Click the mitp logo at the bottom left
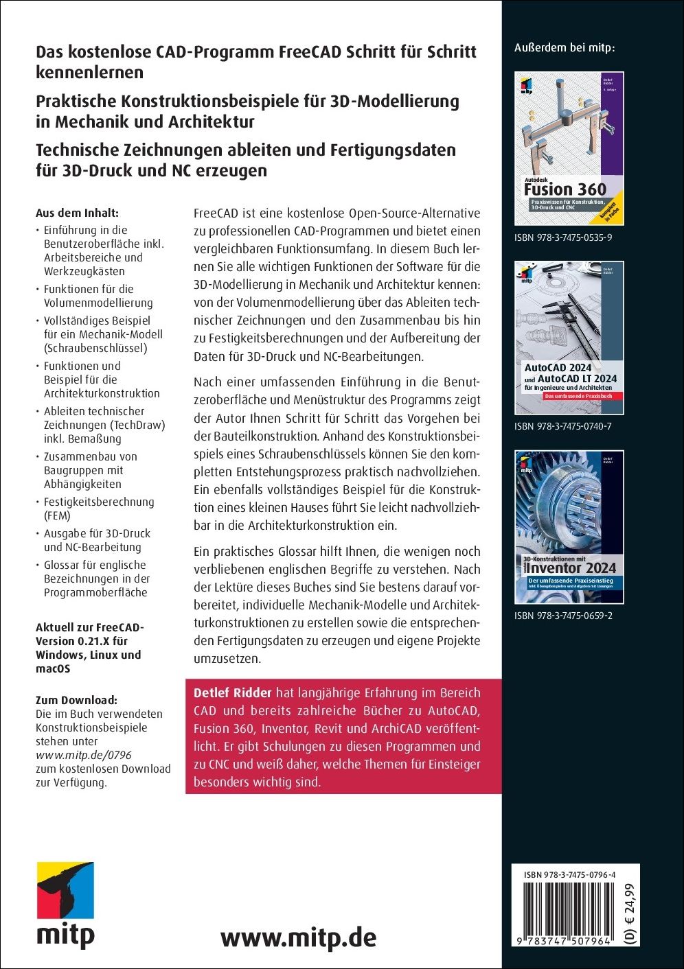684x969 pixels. click(65, 904)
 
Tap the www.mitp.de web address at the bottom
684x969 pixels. click(298, 937)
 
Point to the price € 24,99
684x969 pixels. click(630, 909)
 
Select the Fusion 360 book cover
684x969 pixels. click(569, 148)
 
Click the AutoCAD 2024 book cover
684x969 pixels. click(569, 338)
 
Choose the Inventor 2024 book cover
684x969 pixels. click(569, 527)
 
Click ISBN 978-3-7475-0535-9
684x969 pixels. click(563, 237)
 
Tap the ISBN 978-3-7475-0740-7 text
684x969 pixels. click(563, 426)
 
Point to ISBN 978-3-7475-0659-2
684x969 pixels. click(563, 616)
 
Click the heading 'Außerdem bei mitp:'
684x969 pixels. click(565, 48)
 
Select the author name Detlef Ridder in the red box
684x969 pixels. click(233, 693)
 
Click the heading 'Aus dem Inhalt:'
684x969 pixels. click(77, 213)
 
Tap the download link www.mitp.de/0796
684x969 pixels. click(83, 755)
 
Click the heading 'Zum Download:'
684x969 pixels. click(76, 700)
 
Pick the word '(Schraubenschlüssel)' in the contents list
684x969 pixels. click(95, 348)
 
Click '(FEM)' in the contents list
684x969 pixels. click(57, 515)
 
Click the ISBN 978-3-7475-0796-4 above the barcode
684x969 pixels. click(569, 875)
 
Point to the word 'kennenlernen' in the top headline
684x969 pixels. click(89, 72)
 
